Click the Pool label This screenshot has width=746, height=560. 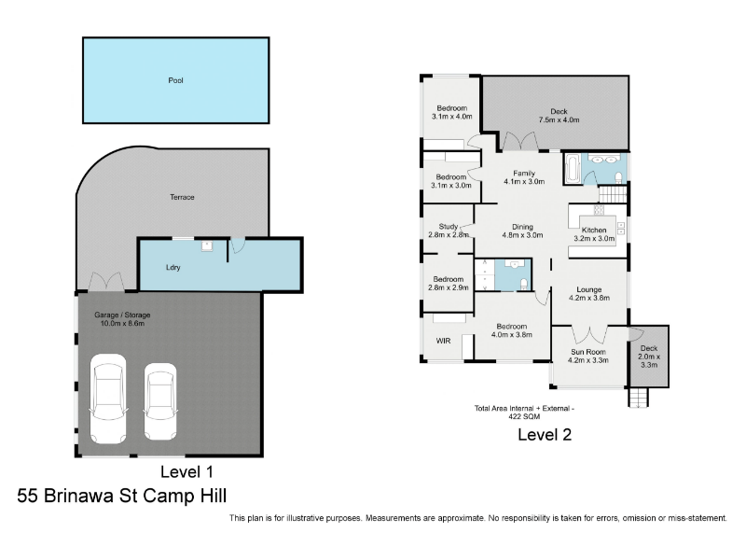coord(175,80)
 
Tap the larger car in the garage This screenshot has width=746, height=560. coord(108,399)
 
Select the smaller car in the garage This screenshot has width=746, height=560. coord(160,402)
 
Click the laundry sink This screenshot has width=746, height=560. coord(207,245)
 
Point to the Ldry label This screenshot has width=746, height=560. coord(173,268)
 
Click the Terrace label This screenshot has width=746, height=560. coord(182,197)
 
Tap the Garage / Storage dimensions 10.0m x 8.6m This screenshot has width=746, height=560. coord(122,323)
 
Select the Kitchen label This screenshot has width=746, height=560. coord(594,230)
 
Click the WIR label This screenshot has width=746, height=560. coord(444,341)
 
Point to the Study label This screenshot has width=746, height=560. coord(449,227)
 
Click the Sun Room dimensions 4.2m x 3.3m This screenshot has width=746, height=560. coord(588,360)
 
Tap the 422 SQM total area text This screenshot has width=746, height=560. coord(524,416)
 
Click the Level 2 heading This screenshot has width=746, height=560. coord(545,435)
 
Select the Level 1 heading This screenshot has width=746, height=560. coord(186,472)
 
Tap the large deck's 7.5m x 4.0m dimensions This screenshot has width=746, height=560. coord(559,120)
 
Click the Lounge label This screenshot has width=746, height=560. coord(589,289)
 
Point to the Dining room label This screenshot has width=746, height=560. coord(522,227)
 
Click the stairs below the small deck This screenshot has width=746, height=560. coord(638,398)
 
